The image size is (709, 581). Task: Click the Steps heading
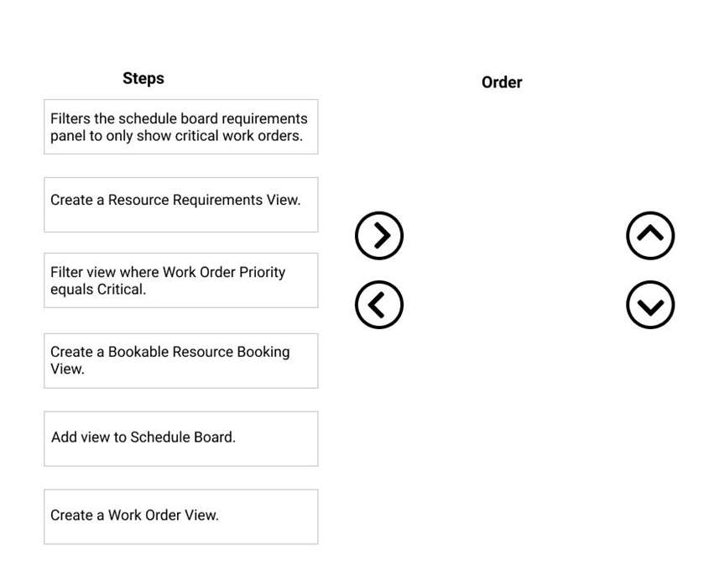click(143, 78)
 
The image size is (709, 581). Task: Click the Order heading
click(502, 82)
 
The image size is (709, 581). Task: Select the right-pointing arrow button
click(379, 235)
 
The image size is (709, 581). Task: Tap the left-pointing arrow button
click(379, 305)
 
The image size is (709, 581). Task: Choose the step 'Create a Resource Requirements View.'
click(181, 205)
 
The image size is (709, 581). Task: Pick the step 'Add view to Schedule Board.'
click(181, 438)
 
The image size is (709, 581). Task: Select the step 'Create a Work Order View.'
click(181, 516)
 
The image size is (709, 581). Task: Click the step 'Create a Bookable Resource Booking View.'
click(181, 361)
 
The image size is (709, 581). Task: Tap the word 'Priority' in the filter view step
click(263, 272)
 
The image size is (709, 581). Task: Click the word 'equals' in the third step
click(69, 290)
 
